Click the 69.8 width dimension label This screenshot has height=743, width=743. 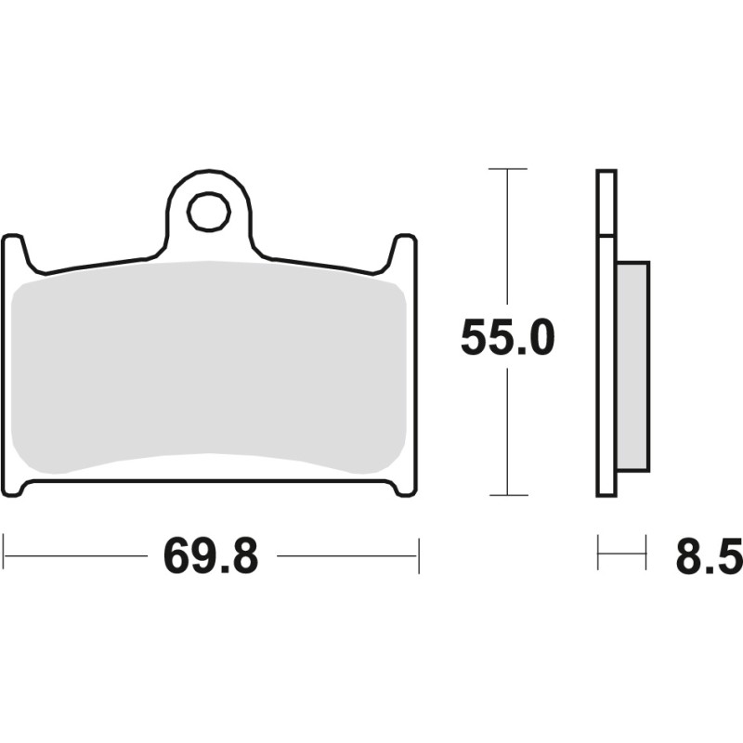click(211, 556)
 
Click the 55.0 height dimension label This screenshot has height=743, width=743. click(507, 340)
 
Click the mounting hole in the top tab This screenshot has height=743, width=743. click(208, 213)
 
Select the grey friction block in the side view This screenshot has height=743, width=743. click(633, 364)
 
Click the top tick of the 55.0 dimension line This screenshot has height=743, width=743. click(507, 169)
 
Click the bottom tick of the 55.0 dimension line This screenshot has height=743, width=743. click(507, 495)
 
